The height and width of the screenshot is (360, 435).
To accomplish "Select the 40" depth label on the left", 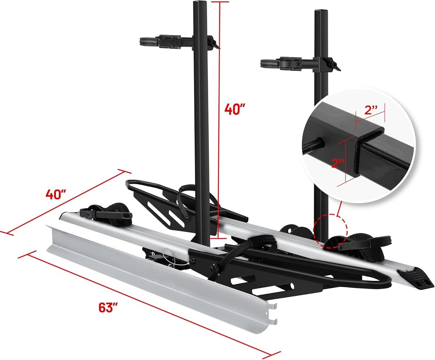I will coord(56,194).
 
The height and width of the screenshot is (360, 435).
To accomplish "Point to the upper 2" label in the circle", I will coord(371,110).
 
